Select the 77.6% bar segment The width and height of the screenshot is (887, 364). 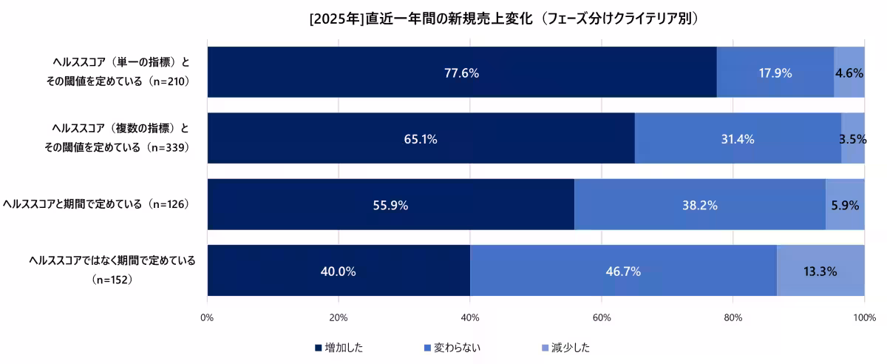click(461, 73)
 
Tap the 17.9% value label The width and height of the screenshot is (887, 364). click(775, 73)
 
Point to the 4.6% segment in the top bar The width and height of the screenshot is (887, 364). click(849, 73)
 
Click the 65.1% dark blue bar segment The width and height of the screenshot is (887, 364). click(421, 138)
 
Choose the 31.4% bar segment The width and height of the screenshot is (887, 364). click(738, 138)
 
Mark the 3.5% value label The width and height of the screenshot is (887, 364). click(852, 139)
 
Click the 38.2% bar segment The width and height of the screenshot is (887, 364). click(699, 204)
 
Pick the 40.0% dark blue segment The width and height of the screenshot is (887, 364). click(338, 271)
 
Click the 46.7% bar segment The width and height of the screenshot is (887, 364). click(623, 271)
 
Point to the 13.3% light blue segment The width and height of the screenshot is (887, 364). click(820, 271)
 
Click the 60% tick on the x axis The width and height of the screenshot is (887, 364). click(601, 318)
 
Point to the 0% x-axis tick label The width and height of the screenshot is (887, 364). click(207, 318)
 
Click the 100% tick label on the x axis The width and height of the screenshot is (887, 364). click(863, 318)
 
